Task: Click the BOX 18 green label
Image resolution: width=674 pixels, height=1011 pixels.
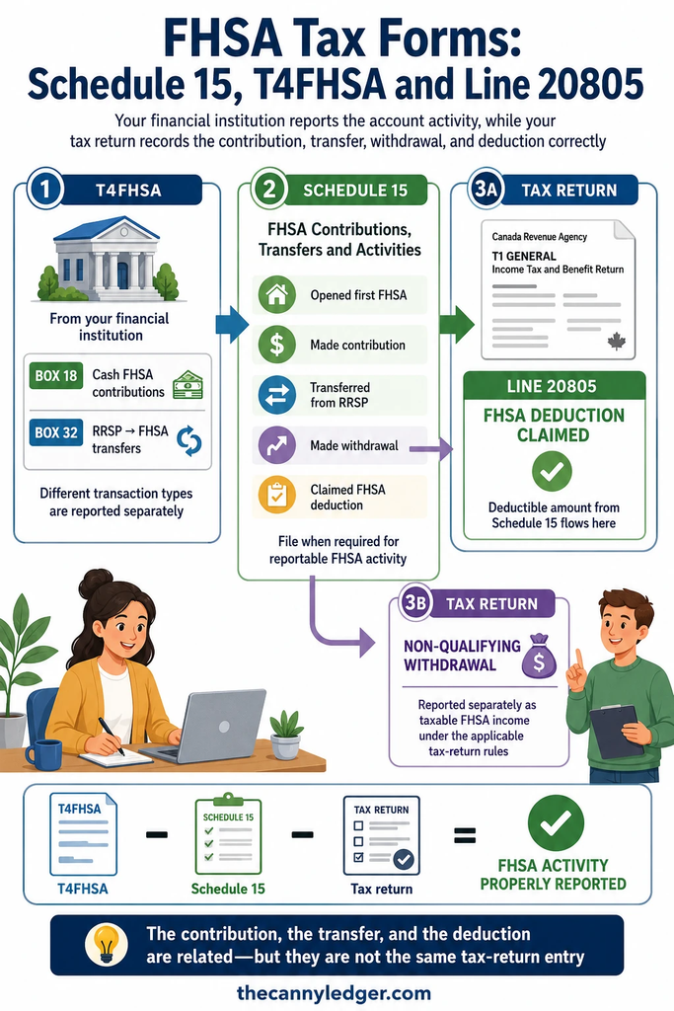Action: click(56, 376)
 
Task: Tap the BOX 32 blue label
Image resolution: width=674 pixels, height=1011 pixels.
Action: click(56, 432)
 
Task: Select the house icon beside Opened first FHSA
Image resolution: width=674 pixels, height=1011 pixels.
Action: click(277, 294)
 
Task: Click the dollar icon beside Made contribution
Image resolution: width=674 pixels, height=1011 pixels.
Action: click(277, 345)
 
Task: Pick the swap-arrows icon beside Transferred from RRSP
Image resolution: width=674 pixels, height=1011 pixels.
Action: click(277, 395)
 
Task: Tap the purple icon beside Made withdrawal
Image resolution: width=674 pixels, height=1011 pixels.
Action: click(277, 445)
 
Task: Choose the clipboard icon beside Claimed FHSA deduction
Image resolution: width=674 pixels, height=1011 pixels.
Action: click(277, 496)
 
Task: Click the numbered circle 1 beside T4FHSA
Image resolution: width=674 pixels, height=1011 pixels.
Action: click(45, 190)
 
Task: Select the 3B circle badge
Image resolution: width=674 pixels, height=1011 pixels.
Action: click(415, 603)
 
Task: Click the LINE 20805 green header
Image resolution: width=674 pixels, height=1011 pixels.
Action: click(555, 386)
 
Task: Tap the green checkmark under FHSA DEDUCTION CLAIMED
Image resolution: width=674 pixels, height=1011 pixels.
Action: click(553, 471)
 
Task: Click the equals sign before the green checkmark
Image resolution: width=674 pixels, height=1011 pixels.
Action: click(465, 835)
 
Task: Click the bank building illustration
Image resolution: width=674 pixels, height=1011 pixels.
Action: click(109, 259)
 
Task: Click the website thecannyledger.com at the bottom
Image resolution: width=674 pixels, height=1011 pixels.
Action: click(334, 993)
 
